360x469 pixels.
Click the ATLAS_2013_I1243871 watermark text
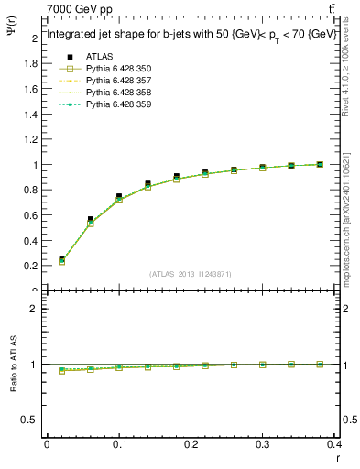point(191,274)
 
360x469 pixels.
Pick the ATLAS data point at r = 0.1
point(119,197)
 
